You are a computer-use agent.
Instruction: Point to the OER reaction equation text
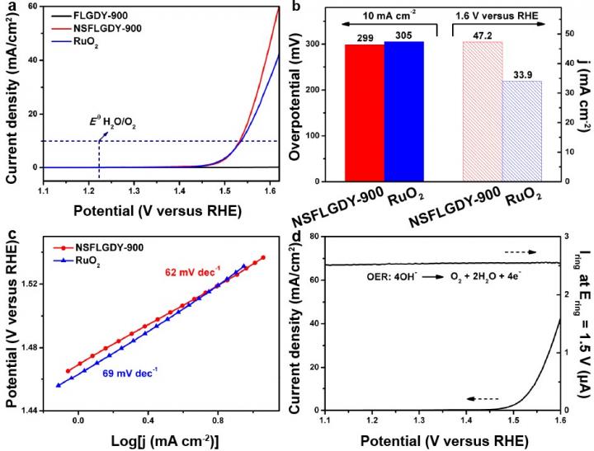click(428, 277)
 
